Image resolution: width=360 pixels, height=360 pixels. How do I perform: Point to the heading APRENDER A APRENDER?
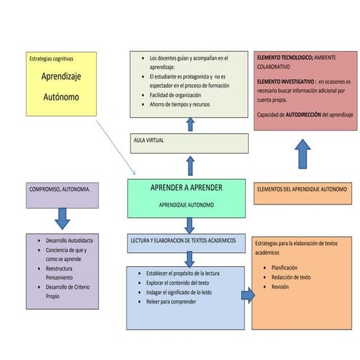(x=186, y=188)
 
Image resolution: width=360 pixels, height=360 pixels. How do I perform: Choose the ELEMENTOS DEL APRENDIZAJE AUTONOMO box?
(x=303, y=190)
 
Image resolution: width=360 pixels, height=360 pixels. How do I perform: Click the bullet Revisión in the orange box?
(x=280, y=287)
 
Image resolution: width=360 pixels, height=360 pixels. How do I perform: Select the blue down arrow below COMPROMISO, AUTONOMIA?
(x=63, y=218)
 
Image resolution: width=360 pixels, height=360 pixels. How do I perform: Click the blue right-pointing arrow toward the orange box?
(x=248, y=295)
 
